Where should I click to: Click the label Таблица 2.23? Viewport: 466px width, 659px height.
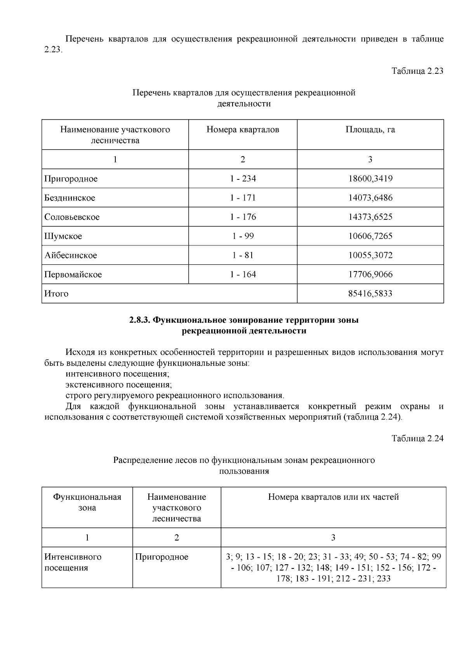pos(417,71)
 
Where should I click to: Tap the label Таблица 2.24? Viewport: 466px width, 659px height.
pos(417,438)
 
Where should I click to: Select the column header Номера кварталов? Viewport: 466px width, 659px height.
pos(243,130)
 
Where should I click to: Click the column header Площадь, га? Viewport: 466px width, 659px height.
pos(370,130)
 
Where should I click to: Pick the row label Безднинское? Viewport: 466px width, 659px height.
pos(70,198)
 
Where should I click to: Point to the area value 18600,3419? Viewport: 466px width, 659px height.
pos(370,179)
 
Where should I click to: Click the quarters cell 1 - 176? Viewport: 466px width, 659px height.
pos(243,217)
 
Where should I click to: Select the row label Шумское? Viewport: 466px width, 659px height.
pos(63,236)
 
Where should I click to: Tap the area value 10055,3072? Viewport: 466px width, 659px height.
pos(370,256)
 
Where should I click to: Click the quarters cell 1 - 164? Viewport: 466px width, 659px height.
pos(243,275)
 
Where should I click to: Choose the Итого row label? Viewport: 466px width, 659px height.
pos(56,294)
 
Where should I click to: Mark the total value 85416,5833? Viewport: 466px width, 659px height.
pos(370,294)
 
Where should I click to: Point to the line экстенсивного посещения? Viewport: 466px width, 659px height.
pos(118,385)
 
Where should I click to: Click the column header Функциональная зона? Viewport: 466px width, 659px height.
pos(87,503)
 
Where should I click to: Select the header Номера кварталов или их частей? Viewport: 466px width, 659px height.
pos(333,497)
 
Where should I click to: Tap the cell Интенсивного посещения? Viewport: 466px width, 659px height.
pos(73,562)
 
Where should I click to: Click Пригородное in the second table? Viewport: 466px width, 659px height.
pos(162,557)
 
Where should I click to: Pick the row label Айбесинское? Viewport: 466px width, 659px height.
pos(70,256)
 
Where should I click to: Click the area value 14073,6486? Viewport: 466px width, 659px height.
pos(370,198)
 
